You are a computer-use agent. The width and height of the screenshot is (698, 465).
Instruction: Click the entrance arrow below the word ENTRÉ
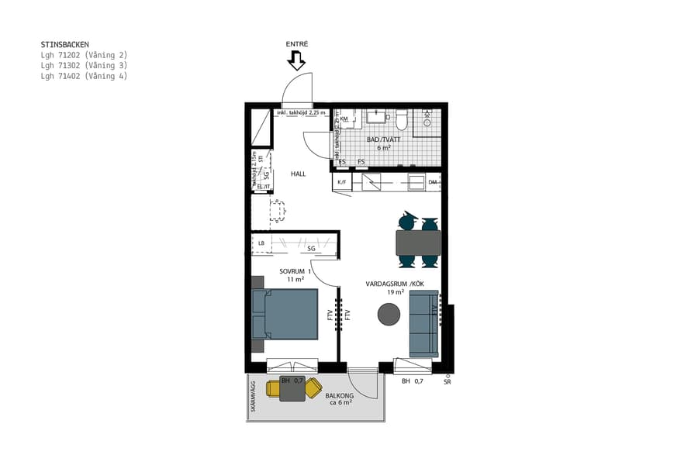coord(297,61)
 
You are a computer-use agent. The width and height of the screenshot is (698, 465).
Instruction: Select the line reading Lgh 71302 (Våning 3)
coord(84,66)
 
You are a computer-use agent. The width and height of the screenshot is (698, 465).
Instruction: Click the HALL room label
coord(298,174)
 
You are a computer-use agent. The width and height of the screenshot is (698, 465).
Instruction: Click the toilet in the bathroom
coord(402,120)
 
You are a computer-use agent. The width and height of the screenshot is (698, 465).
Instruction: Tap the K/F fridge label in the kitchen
coord(341,183)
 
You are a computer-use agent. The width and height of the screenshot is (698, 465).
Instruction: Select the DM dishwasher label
coord(432,183)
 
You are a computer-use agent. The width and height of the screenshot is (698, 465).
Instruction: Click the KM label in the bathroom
coord(344,119)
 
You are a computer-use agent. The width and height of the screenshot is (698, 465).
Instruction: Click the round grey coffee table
coord(389,314)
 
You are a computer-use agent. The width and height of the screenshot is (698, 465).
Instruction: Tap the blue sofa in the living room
coord(423,324)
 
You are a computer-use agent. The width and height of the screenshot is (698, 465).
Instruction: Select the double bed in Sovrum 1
coord(285,314)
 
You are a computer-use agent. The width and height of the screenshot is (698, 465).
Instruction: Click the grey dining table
coord(418,243)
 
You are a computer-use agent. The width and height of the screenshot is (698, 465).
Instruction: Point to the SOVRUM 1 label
coord(295,271)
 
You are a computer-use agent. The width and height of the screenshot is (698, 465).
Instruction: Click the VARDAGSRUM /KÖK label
coord(395,284)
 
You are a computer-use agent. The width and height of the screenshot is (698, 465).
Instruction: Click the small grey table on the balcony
coord(292,389)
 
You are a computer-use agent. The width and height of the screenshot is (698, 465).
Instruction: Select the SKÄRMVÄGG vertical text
coord(253,398)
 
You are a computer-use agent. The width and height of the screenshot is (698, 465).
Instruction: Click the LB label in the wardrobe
coord(261,243)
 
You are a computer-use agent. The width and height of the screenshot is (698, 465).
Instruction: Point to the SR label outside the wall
coord(447,382)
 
